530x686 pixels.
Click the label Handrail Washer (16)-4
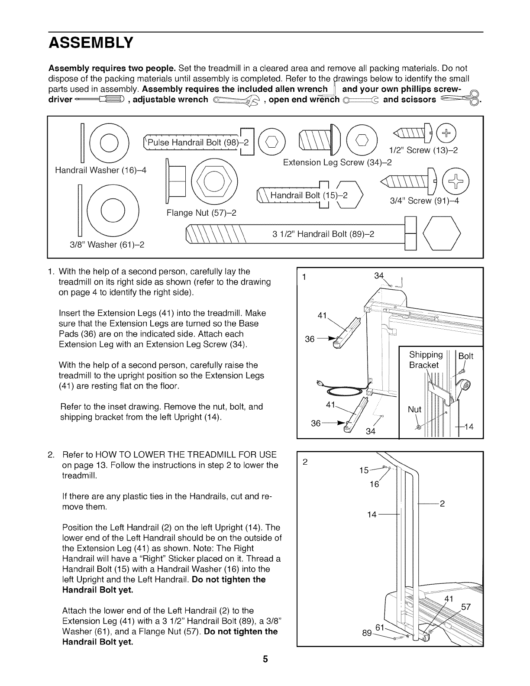pos(101,171)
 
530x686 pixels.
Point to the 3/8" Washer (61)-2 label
pos(107,245)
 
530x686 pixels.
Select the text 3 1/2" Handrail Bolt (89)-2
pos(323,234)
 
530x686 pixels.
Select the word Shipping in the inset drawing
pos(426,355)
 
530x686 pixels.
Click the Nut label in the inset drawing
pos(414,409)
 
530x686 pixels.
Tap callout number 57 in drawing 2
pos(465,607)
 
